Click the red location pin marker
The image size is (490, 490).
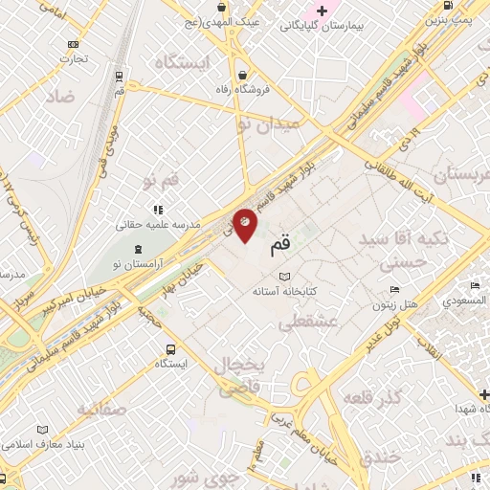pyautogui.click(x=245, y=225)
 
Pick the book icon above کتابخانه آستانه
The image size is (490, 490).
pyautogui.click(x=284, y=276)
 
